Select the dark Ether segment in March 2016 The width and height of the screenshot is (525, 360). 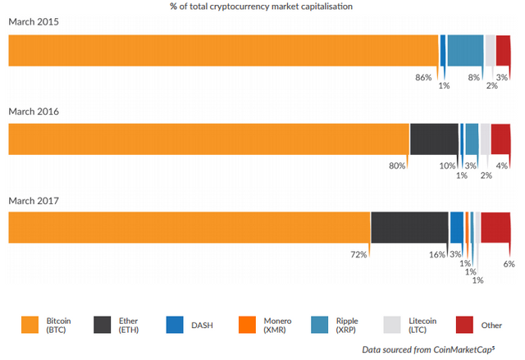pos(434,139)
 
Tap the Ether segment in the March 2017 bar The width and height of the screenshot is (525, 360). pos(409,227)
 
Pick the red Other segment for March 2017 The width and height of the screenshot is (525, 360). pos(495,227)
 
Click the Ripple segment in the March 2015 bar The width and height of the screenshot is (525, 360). pos(465,50)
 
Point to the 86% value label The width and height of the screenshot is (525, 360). pos(423,77)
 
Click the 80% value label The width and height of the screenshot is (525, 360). pos(397,166)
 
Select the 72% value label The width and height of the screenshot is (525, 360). pos(358,254)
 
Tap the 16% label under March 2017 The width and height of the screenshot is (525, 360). pos(436,254)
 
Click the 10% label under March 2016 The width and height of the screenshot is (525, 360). pos(448,166)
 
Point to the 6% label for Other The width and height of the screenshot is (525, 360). pos(509,264)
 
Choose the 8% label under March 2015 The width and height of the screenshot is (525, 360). pos(473,77)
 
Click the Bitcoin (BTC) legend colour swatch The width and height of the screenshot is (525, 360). pos(31,325)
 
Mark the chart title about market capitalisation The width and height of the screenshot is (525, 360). pos(262,7)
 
